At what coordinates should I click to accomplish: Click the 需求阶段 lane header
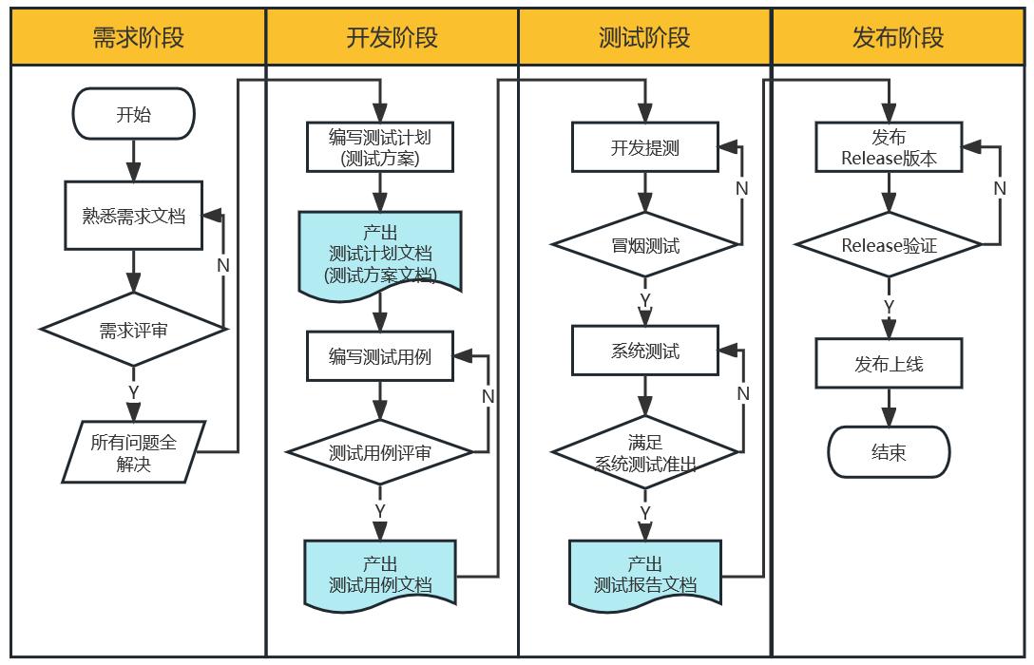[x=138, y=37]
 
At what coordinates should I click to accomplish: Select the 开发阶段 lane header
[x=392, y=37]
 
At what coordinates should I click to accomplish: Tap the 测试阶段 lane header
[x=644, y=37]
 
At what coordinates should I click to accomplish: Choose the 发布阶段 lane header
[x=898, y=37]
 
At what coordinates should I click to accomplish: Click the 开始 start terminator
[x=133, y=115]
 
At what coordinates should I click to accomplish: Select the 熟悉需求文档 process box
[x=133, y=216]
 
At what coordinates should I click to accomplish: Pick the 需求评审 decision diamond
[x=133, y=330]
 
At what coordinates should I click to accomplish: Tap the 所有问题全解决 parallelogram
[x=133, y=452]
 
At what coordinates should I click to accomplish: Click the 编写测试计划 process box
[x=380, y=147]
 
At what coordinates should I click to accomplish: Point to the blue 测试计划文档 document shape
[x=380, y=252]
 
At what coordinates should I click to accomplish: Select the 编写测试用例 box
[x=380, y=356]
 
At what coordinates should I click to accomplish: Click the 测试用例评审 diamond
[x=380, y=453]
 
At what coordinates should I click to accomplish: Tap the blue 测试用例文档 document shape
[x=380, y=573]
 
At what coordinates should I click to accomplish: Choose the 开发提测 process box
[x=644, y=147]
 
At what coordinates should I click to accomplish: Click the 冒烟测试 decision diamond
[x=644, y=246]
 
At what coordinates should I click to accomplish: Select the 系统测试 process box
[x=644, y=351]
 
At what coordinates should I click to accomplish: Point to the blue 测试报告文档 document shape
[x=644, y=574]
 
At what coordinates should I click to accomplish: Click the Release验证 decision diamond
[x=889, y=245]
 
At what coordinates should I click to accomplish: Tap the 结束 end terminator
[x=889, y=452]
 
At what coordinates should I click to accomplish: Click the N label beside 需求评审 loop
[x=223, y=265]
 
